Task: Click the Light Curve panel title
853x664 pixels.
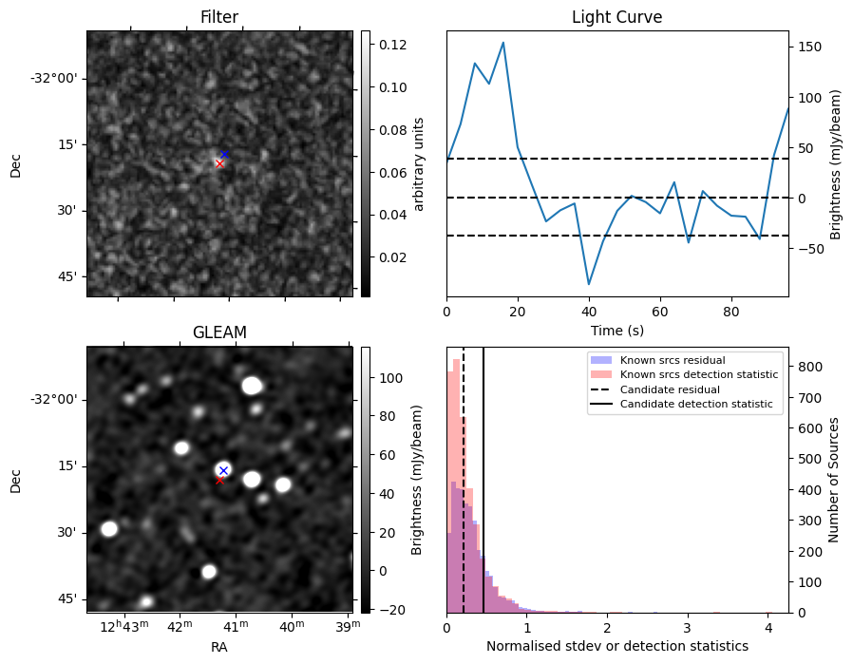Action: tap(616, 17)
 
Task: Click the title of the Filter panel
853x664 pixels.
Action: tap(218, 17)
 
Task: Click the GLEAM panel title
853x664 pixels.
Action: tap(218, 332)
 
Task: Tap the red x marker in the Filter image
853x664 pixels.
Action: tap(219, 163)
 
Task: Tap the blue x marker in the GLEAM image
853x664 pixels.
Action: tap(223, 470)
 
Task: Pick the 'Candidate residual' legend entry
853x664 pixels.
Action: tap(670, 389)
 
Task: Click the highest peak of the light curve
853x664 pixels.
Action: tap(502, 43)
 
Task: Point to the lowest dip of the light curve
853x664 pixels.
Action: tap(589, 284)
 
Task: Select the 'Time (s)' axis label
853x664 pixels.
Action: tap(616, 329)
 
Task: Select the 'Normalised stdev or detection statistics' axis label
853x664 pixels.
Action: tap(616, 646)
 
